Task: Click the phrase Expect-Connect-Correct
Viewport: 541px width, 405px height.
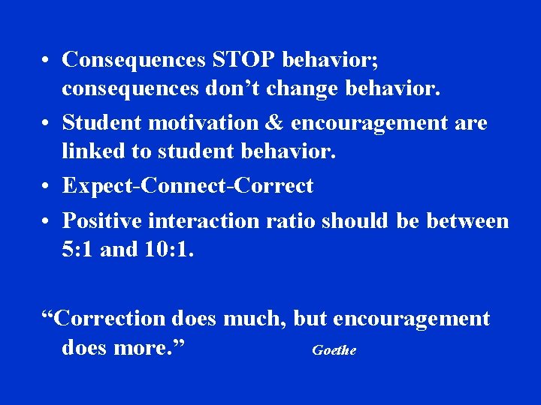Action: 188,185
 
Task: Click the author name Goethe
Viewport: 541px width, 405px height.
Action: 334,350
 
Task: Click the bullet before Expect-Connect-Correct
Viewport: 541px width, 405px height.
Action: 47,186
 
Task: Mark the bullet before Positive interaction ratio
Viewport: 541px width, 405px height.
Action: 47,221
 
